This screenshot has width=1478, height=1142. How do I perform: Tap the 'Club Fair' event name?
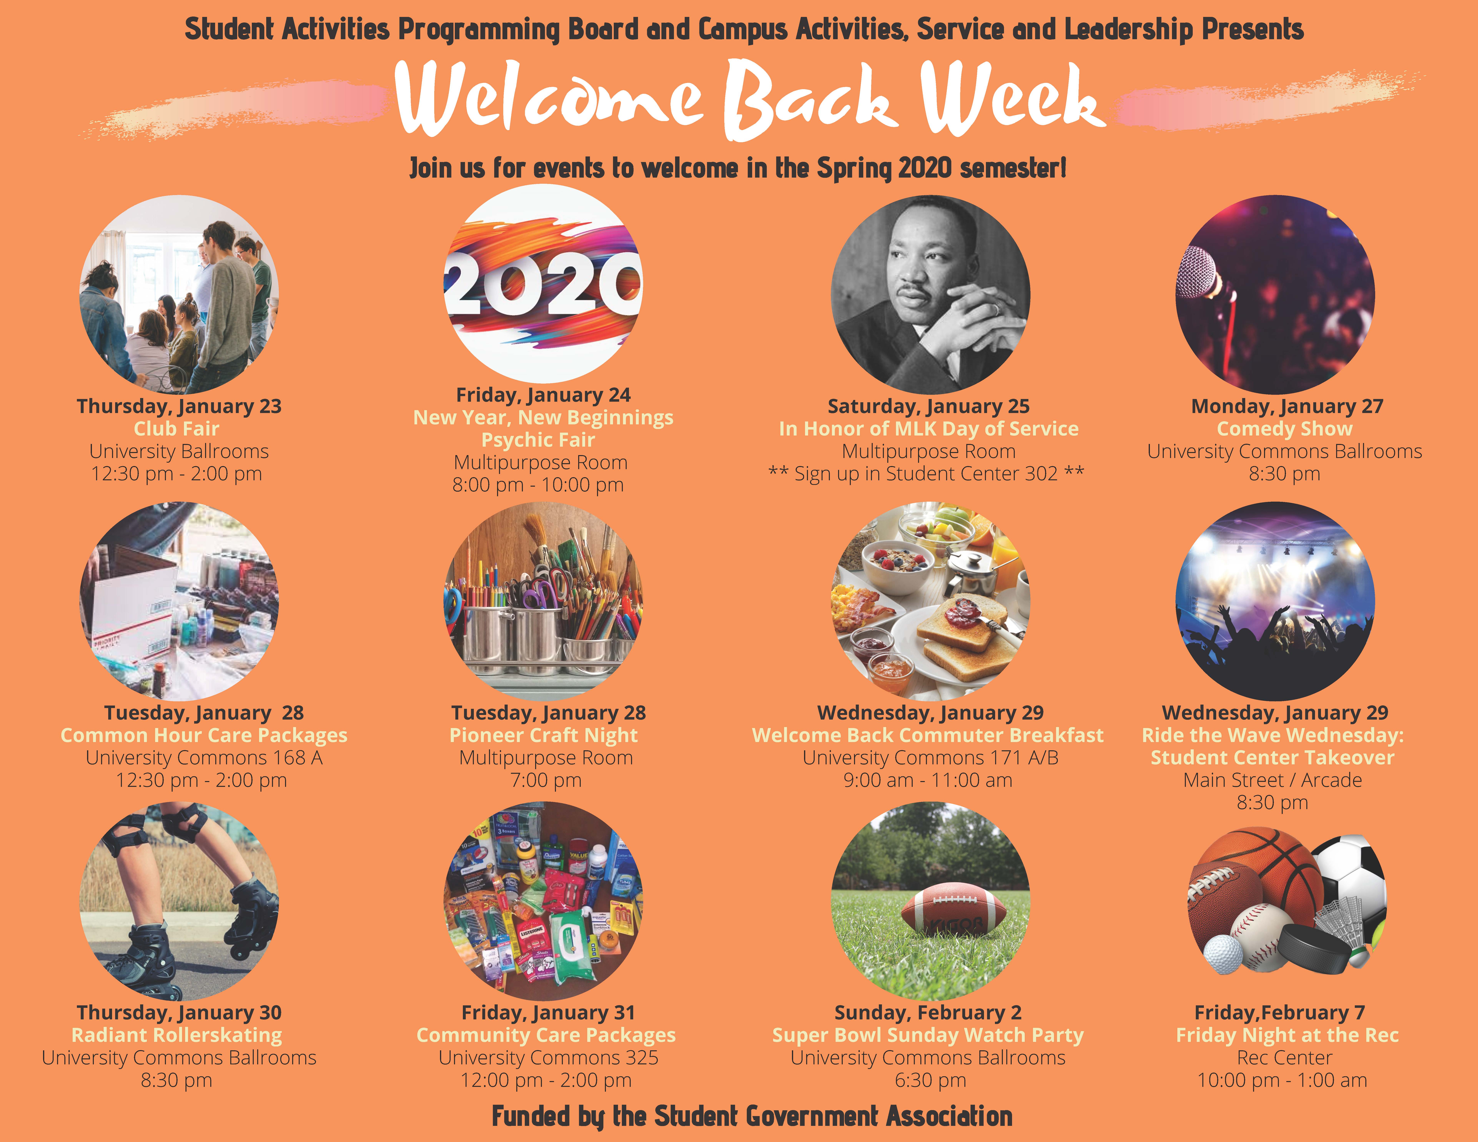tap(177, 429)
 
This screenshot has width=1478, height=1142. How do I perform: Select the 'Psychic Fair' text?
tap(538, 441)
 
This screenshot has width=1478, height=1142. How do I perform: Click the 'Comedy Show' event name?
tap(1284, 429)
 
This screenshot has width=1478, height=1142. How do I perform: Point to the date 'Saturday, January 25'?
tap(928, 407)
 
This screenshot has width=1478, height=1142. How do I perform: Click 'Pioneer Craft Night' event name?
tap(543, 735)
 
